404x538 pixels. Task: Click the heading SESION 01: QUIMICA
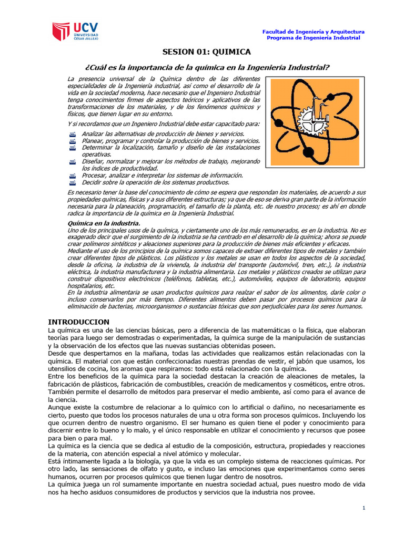(x=206, y=52)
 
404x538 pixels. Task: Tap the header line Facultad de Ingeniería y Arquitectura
(x=313, y=32)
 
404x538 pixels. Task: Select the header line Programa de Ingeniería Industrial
(x=313, y=38)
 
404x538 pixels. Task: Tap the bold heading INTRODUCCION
(x=78, y=322)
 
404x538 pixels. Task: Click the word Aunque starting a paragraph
(x=59, y=407)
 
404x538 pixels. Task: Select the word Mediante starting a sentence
(x=82, y=251)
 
